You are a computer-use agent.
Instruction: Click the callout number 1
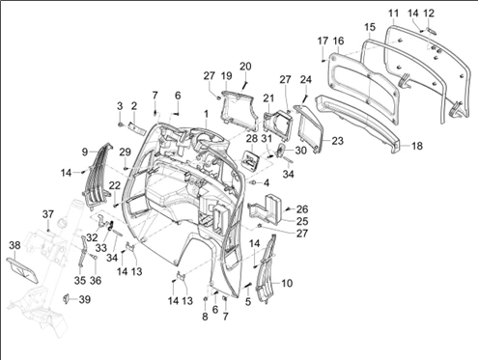click(206, 114)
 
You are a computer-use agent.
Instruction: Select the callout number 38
click(14, 245)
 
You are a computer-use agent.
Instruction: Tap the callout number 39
click(85, 299)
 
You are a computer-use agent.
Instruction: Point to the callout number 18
click(417, 146)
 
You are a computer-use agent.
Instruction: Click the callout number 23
click(337, 141)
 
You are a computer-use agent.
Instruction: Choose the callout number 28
click(252, 139)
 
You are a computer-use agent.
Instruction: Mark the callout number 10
click(287, 283)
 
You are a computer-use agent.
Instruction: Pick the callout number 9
click(85, 152)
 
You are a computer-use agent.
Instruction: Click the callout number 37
click(48, 214)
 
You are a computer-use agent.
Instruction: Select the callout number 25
click(302, 221)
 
